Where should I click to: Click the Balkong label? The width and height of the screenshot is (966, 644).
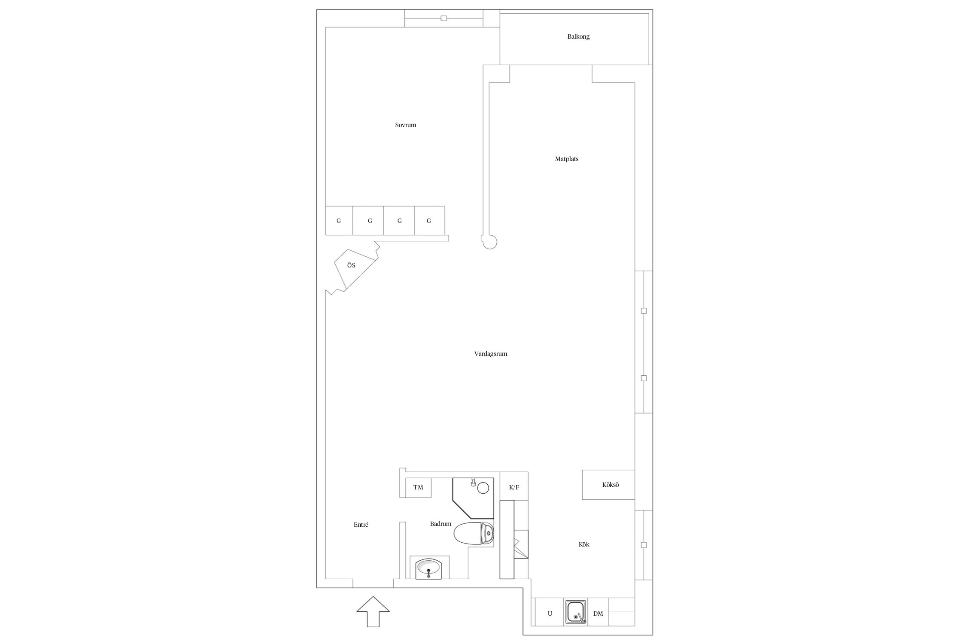pos(578,36)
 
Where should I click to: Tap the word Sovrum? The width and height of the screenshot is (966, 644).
pos(406,125)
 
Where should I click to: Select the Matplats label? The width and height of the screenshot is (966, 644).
pos(567,159)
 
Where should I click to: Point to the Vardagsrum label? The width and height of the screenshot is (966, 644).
pos(491,354)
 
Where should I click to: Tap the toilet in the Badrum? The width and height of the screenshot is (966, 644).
pos(474,534)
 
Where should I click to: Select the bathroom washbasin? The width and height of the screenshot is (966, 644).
pos(428,568)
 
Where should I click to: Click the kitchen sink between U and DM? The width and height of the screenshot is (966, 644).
pos(576,612)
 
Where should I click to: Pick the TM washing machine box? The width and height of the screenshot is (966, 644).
pos(419,487)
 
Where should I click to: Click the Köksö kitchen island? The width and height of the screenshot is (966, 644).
pos(608,485)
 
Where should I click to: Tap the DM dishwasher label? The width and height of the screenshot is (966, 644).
pos(598,614)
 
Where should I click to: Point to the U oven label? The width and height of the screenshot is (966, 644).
pos(550,614)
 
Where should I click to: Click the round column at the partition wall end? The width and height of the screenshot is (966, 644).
pos(490,242)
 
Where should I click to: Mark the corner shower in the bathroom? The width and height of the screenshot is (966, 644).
pos(473,498)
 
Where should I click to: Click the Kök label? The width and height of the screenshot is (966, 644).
pos(584,544)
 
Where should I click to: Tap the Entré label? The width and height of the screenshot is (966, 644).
pos(361,525)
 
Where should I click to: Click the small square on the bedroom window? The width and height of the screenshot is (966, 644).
pos(444,18)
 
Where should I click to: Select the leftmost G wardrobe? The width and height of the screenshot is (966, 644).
pos(339,221)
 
